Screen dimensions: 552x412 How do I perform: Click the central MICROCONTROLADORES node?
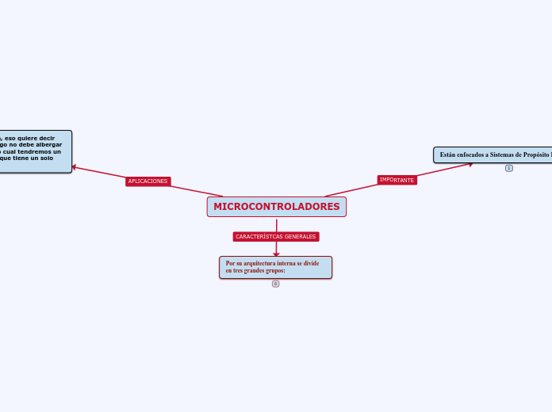click(x=276, y=207)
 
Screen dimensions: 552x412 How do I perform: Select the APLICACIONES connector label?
click(x=148, y=181)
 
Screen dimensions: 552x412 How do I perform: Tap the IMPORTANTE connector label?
click(x=397, y=180)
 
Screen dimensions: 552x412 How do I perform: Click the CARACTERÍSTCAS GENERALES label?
click(x=276, y=236)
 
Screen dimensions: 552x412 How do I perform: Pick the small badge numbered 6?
click(x=275, y=284)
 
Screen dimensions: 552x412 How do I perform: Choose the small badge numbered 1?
click(x=508, y=168)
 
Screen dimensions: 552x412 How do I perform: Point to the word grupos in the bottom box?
click(x=272, y=271)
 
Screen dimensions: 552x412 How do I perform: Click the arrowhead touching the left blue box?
click(x=75, y=166)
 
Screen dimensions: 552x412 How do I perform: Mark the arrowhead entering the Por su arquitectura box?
click(x=276, y=254)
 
